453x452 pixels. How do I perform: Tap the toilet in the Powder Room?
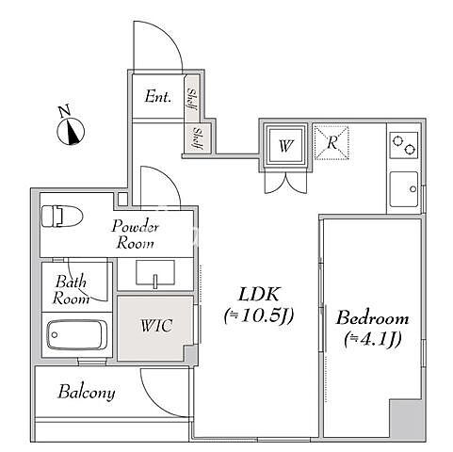(x=62, y=216)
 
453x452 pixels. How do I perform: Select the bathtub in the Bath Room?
(x=77, y=334)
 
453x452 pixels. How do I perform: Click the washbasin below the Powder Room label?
(x=155, y=272)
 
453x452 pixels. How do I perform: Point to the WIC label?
(x=156, y=326)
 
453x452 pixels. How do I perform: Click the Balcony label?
(x=87, y=393)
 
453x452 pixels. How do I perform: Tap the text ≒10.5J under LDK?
(x=259, y=315)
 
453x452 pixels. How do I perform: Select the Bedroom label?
(x=373, y=318)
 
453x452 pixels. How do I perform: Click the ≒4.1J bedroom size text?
(x=373, y=339)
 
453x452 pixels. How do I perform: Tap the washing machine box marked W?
(x=285, y=145)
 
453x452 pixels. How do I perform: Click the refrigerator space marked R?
(x=332, y=143)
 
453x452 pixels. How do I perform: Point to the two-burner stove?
(x=404, y=145)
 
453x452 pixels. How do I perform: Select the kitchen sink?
(x=404, y=189)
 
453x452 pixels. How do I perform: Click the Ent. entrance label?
(x=158, y=97)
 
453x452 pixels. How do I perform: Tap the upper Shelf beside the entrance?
(x=191, y=99)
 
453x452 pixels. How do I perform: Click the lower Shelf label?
(x=198, y=138)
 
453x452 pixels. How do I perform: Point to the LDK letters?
(x=259, y=295)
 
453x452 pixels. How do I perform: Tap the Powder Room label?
(x=135, y=234)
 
